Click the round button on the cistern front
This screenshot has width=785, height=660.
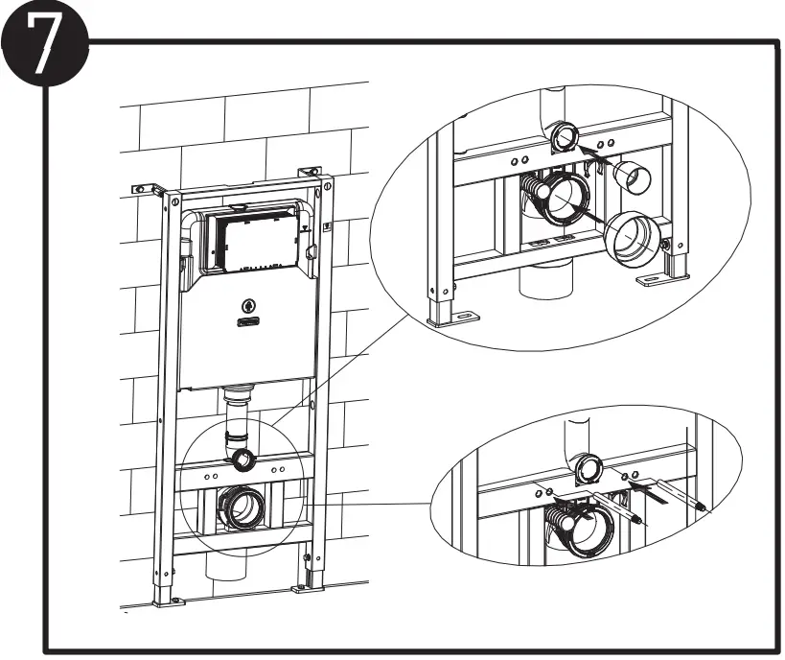click(249, 307)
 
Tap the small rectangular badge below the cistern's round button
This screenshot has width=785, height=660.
click(249, 324)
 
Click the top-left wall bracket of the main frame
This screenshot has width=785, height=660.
click(147, 188)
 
